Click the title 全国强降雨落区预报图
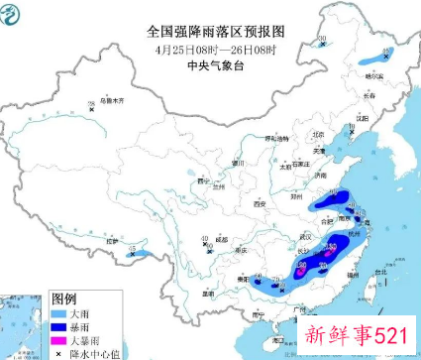(210, 32)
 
